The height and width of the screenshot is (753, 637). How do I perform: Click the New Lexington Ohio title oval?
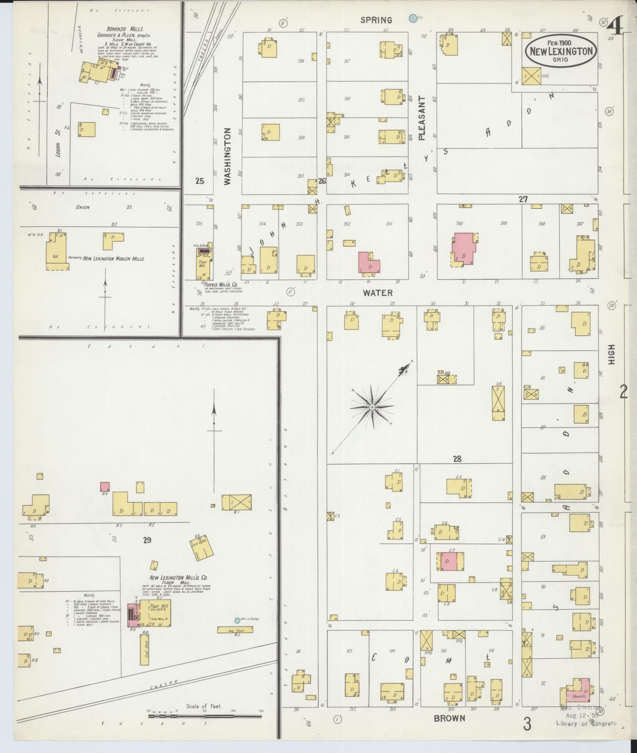pyautogui.click(x=561, y=51)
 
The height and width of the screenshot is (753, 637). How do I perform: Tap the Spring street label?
pyautogui.click(x=376, y=20)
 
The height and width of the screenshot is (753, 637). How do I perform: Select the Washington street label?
pyautogui.click(x=228, y=156)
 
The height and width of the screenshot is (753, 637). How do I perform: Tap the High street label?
pyautogui.click(x=611, y=354)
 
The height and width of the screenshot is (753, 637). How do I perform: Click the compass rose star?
pyautogui.click(x=372, y=408)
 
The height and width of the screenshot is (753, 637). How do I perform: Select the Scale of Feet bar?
pyautogui.click(x=205, y=716)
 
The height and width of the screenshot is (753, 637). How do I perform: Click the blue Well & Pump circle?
pyautogui.click(x=237, y=620)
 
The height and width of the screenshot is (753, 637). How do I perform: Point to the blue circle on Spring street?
pyautogui.click(x=412, y=18)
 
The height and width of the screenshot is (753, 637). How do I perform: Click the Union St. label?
pyautogui.click(x=83, y=207)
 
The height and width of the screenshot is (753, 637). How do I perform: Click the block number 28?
pyautogui.click(x=457, y=459)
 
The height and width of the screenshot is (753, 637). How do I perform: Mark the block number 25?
pyautogui.click(x=200, y=181)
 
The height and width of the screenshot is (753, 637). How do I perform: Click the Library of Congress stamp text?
pyautogui.click(x=586, y=723)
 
